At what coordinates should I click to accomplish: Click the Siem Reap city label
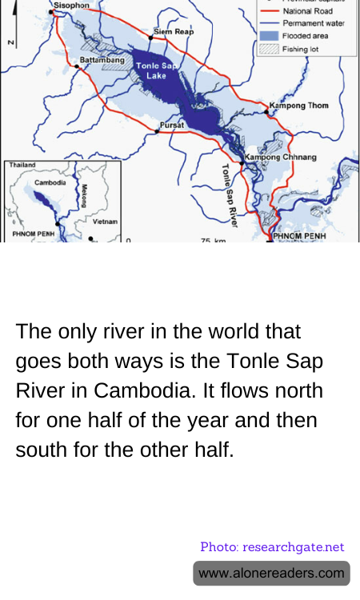173,30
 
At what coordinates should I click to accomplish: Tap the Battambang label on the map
102,60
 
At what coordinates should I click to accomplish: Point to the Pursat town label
172,126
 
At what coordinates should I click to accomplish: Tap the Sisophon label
71,5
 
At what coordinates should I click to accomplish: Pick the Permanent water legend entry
311,24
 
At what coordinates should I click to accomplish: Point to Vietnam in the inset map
105,221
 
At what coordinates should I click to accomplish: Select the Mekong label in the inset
83,197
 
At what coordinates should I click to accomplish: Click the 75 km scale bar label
211,240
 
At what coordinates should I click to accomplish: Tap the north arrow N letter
10,42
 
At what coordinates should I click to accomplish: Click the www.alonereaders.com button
271,573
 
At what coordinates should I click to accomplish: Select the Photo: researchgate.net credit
272,547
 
